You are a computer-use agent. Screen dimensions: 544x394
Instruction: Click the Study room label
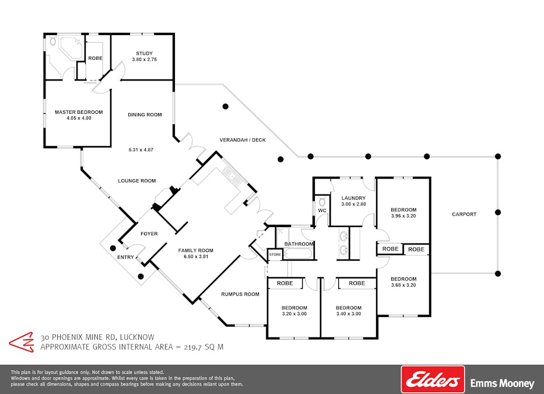point(145,54)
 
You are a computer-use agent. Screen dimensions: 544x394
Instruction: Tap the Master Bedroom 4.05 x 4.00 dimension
point(79,118)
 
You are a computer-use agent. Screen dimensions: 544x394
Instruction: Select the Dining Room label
point(145,114)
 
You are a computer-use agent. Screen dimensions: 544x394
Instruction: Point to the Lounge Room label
point(136,181)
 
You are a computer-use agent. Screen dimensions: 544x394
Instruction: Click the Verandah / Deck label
point(243,140)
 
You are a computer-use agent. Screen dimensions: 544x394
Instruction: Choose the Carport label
point(464,214)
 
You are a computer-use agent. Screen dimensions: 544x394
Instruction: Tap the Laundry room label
point(353,198)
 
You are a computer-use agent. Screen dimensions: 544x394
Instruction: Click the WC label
point(322,211)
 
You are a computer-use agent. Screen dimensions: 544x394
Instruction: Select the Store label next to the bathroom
point(275,254)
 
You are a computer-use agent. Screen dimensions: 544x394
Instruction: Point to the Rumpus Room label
point(240,294)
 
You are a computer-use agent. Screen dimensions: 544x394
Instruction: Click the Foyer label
point(149,234)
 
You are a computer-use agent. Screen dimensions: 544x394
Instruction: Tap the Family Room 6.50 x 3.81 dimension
point(196,257)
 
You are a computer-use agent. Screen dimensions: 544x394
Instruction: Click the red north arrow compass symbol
point(22,342)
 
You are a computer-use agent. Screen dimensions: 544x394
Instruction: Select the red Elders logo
point(433,379)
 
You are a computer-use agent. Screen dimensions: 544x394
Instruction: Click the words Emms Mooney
point(502,383)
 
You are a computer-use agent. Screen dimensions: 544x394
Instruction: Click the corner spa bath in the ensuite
point(71,48)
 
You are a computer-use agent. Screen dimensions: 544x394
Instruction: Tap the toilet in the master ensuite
point(52,41)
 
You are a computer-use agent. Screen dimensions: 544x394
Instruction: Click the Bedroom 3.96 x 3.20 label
point(403,212)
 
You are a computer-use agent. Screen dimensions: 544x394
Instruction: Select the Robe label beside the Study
point(96,58)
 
